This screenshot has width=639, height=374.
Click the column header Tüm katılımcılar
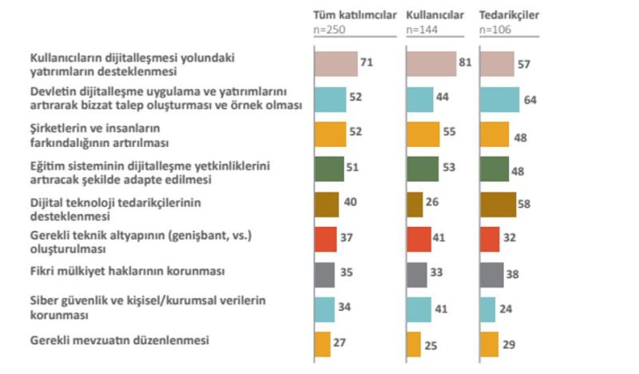click(355, 15)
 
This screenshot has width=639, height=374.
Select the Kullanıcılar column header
click(436, 15)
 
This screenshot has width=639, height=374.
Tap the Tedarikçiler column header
click(510, 15)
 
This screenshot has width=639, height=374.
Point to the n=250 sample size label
click(328, 29)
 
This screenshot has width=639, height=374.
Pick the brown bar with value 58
click(498, 204)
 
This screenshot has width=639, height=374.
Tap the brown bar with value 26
click(415, 204)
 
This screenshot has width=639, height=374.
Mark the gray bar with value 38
click(492, 274)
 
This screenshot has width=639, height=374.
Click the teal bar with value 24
click(487, 309)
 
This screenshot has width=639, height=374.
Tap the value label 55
click(450, 133)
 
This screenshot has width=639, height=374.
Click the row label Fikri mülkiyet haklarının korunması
click(126, 271)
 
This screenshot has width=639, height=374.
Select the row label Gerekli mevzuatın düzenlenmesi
click(119, 340)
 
